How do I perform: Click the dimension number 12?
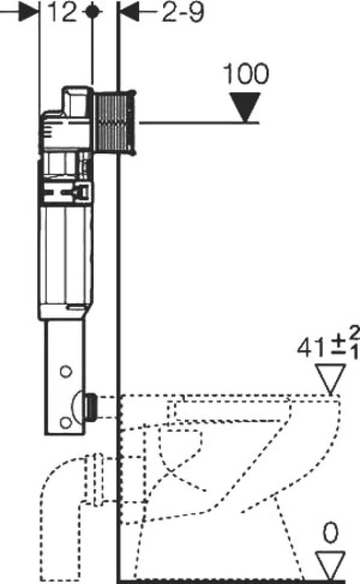pyautogui.click(x=61, y=11)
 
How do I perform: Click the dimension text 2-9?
pyautogui.click(x=183, y=12)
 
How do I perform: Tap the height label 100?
pyautogui.click(x=246, y=74)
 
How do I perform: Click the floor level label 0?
pyautogui.click(x=331, y=533)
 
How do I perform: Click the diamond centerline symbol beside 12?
pyautogui.click(x=93, y=11)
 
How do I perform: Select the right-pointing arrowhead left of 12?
pyautogui.click(x=29, y=11)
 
